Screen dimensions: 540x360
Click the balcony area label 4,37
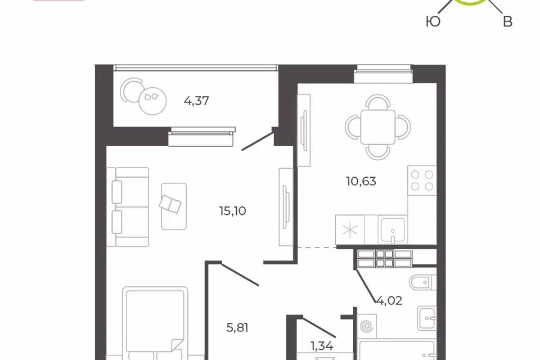point(196,101)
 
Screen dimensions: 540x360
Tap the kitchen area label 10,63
point(361,181)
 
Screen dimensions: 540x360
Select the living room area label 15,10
point(232,211)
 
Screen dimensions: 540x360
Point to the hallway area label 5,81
point(237,327)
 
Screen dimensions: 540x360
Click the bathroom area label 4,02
point(389,301)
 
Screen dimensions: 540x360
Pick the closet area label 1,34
point(322,345)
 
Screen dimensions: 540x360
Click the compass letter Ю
point(433,22)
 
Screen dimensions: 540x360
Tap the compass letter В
point(507,22)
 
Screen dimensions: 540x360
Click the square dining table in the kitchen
point(378,127)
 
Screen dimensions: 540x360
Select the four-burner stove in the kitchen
point(422,180)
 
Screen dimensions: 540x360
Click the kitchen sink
point(392,229)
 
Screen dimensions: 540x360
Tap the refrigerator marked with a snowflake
point(349,229)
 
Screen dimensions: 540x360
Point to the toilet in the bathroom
point(423,282)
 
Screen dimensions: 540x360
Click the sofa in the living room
point(128,207)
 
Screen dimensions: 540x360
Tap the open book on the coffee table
point(170,204)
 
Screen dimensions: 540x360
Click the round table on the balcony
point(152,101)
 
